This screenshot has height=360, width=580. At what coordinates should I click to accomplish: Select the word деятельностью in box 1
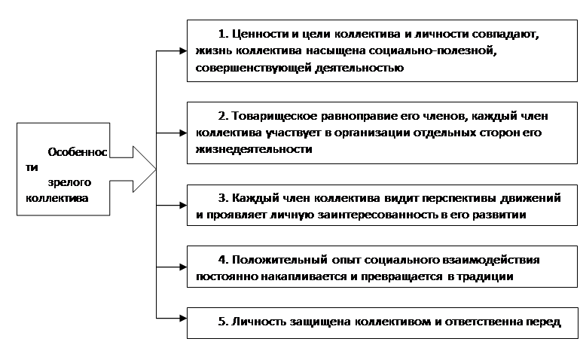pyautogui.click(x=359, y=68)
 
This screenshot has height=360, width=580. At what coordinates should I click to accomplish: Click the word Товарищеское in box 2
pyautogui.click(x=274, y=117)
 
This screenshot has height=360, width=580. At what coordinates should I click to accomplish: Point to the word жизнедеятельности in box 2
pyautogui.click(x=254, y=149)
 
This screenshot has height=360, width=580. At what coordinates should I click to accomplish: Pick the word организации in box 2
pyautogui.click(x=371, y=133)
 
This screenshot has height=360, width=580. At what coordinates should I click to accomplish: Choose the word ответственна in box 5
pyautogui.click(x=484, y=322)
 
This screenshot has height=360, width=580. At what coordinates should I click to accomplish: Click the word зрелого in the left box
pyautogui.click(x=69, y=183)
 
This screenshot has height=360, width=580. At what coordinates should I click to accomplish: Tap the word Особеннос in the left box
pyautogui.click(x=78, y=152)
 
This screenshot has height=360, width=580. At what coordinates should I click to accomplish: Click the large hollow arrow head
pyautogui.click(x=145, y=169)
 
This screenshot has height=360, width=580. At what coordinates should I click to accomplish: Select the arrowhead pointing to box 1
pyautogui.click(x=183, y=50)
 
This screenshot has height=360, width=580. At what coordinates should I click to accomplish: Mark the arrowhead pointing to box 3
pyautogui.click(x=183, y=206)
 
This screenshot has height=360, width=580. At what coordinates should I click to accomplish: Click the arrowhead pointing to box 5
pyautogui.click(x=183, y=318)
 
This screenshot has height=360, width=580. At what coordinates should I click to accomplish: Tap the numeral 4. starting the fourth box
pyautogui.click(x=223, y=260)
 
